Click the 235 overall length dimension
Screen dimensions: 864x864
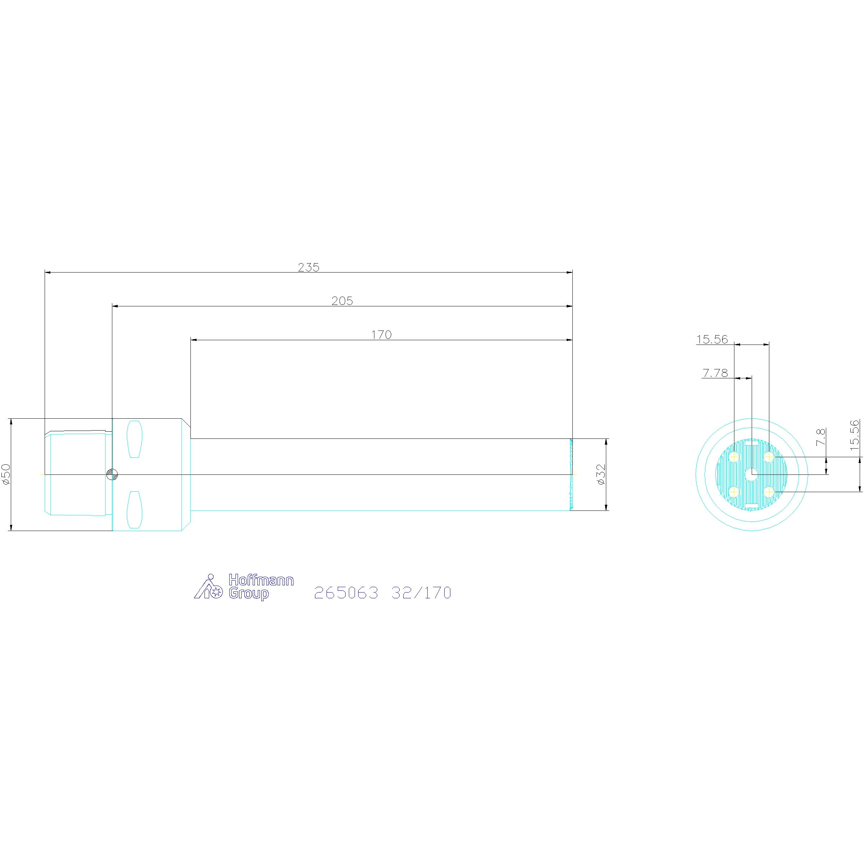point(309,267)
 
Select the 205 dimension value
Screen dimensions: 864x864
point(342,301)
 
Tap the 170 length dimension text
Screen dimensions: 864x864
point(382,334)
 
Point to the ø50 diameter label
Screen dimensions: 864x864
point(6,474)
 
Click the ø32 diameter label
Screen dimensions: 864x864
point(601,474)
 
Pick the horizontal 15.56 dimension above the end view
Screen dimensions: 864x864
point(712,339)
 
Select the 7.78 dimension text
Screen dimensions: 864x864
point(715,373)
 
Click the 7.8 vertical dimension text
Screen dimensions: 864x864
point(821,437)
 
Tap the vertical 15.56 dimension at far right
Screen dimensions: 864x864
point(855,435)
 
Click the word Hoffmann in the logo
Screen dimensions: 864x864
point(261,580)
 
